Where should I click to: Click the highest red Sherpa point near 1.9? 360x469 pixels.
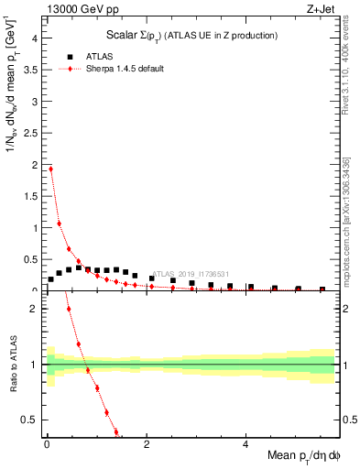click(51, 169)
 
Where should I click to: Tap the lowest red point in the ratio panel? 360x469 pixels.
click(115, 431)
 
